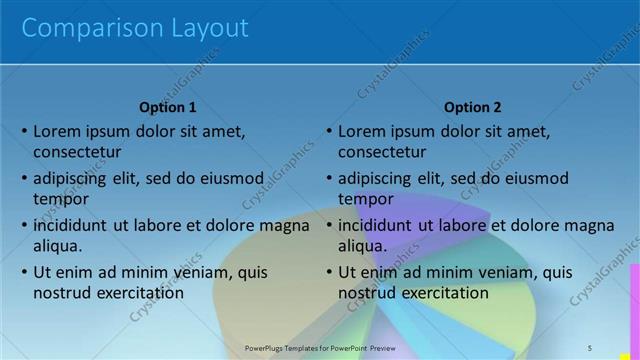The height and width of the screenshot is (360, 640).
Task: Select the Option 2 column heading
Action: (x=472, y=108)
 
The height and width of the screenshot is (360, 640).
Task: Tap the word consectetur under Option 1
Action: (x=77, y=153)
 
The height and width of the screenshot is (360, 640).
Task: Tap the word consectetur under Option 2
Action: (x=382, y=153)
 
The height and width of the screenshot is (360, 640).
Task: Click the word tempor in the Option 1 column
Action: (x=61, y=199)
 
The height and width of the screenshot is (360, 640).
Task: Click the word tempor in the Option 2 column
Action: (x=366, y=199)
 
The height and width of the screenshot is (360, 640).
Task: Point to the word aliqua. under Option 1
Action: (x=57, y=246)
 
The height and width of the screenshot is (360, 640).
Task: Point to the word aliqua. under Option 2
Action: (x=362, y=246)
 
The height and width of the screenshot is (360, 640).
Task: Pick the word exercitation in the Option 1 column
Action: (x=135, y=293)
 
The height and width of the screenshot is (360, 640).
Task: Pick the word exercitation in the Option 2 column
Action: (x=440, y=293)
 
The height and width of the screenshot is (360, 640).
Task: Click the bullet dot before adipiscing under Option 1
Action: (x=23, y=179)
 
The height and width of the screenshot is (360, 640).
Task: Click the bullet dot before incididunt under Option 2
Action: (x=328, y=226)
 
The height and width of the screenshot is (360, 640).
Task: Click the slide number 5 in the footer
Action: (x=589, y=347)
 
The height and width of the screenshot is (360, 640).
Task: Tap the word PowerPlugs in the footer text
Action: (x=267, y=348)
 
